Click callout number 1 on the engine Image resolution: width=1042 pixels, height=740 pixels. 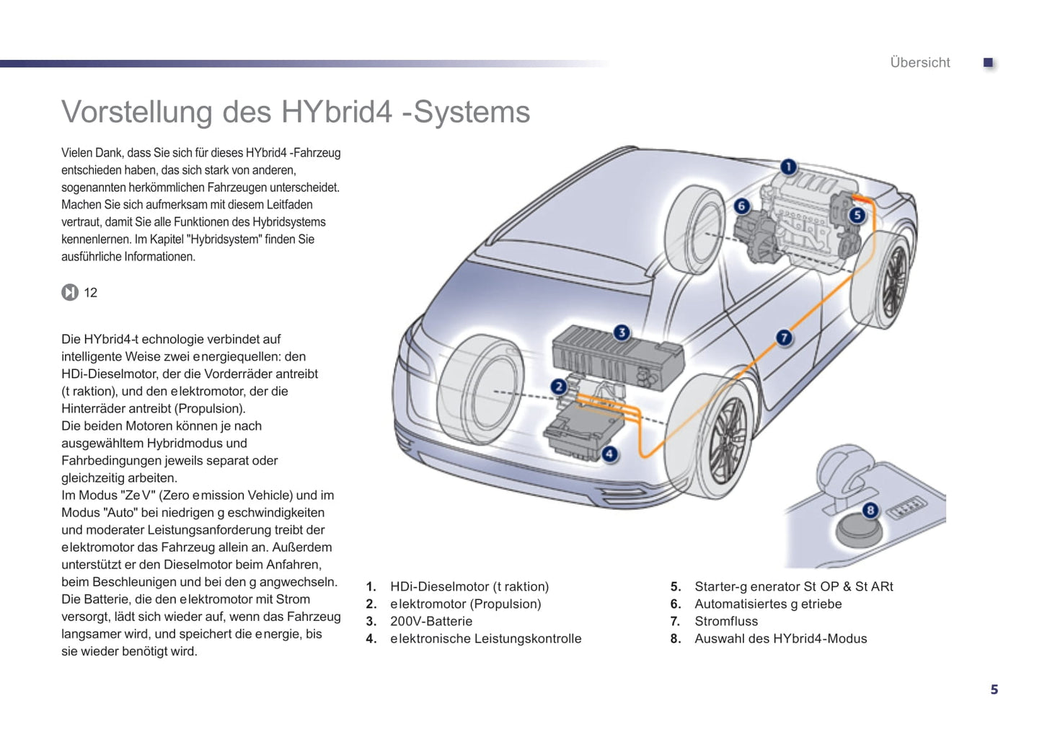tap(788, 167)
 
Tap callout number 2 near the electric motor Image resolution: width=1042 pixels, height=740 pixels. tap(558, 387)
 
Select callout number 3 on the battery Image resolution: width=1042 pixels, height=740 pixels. tap(622, 332)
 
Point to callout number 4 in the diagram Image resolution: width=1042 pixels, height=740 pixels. tap(610, 454)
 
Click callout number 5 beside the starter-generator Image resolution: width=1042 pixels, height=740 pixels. tap(857, 215)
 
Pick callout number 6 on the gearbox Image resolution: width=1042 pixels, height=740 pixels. tap(741, 206)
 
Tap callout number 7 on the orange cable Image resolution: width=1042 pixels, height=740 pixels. tap(784, 338)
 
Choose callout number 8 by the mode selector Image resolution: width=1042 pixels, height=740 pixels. tap(870, 511)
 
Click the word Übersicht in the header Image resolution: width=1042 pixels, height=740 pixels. tap(920, 63)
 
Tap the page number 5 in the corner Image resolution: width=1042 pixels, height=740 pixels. tap(994, 690)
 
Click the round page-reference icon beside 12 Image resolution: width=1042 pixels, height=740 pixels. tap(70, 292)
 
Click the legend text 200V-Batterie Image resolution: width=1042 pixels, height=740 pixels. tap(431, 621)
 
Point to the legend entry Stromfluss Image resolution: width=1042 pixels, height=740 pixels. tap(726, 621)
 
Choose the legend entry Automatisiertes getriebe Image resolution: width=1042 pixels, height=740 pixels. tap(768, 604)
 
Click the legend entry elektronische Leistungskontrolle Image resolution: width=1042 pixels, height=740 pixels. tap(485, 638)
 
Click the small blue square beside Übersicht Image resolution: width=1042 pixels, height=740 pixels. tap(989, 63)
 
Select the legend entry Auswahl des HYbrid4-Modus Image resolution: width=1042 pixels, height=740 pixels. tap(780, 638)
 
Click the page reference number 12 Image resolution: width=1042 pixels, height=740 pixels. tap(91, 293)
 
